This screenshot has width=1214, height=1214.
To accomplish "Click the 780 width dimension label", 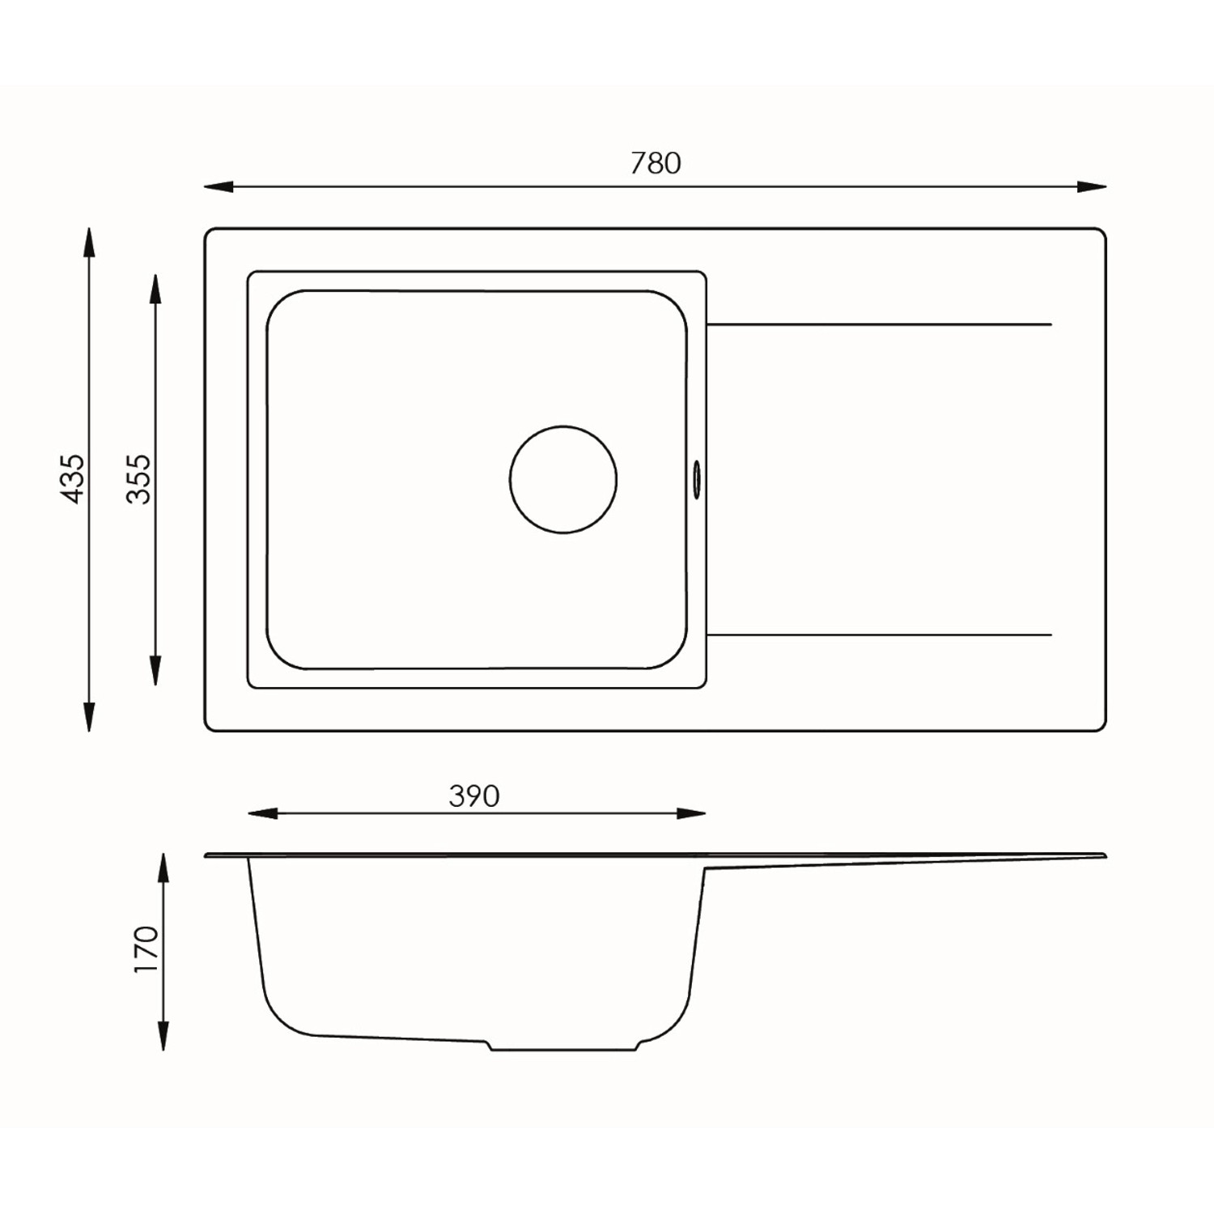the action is tap(656, 163).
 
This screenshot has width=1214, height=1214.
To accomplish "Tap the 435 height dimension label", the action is tap(73, 479).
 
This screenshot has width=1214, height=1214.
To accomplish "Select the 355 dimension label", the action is tap(139, 479).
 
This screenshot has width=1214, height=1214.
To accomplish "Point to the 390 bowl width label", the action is tap(474, 796).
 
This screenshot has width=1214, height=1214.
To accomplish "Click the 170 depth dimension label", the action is tap(146, 949).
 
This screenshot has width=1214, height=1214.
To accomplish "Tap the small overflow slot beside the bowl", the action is tap(696, 480).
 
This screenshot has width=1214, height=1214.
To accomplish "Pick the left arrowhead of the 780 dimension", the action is tap(219, 187).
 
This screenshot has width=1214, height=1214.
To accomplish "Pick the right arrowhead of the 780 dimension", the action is tap(1092, 187).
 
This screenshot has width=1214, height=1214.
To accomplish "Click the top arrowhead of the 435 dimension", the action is tap(89, 243).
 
